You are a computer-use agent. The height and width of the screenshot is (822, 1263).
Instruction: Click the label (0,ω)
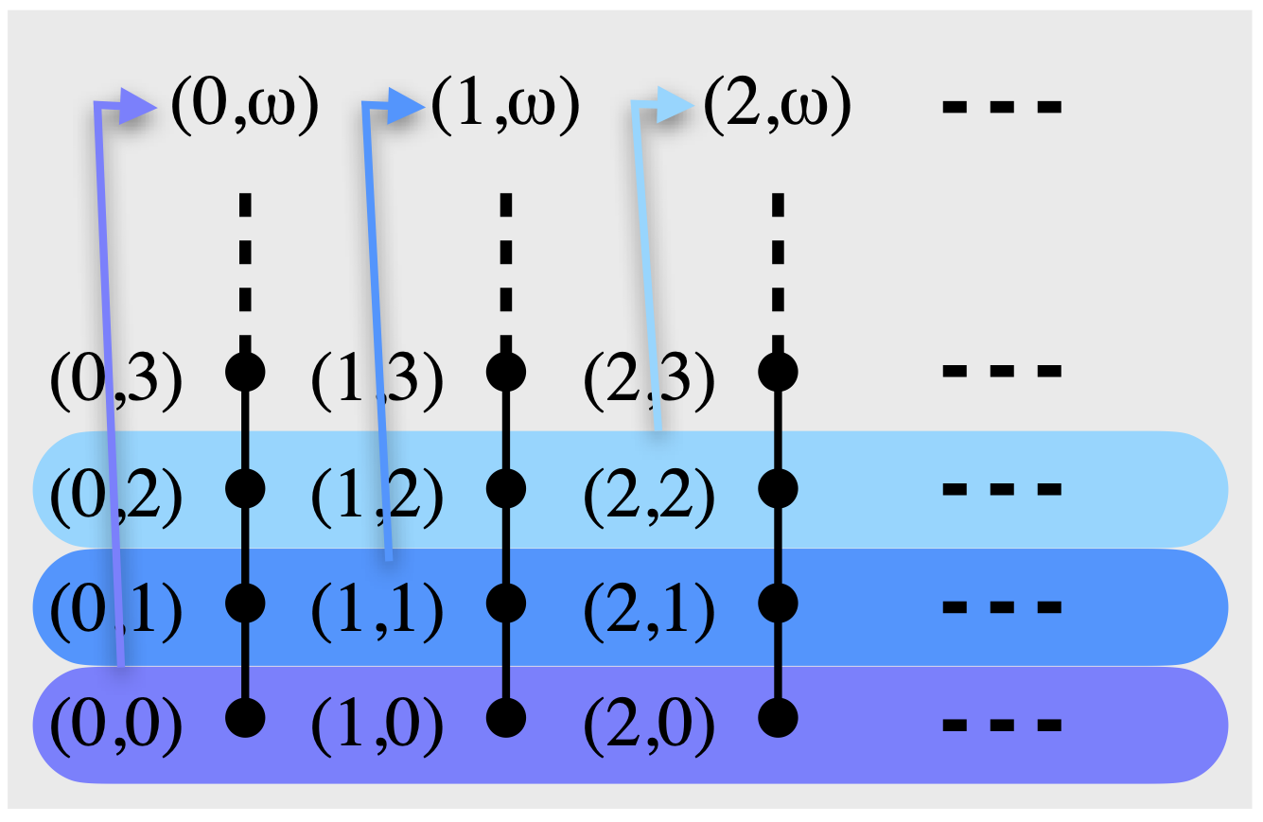click(242, 105)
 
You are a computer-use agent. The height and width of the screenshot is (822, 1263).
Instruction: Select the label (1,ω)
click(503, 105)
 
